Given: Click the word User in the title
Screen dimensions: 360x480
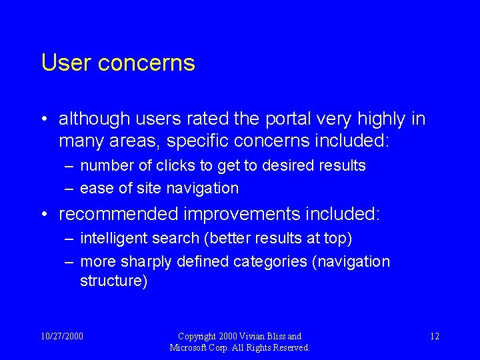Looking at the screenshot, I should coord(66,63).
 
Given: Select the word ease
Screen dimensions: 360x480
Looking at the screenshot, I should coord(97,189).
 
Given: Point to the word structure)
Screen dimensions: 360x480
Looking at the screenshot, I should coord(113,281).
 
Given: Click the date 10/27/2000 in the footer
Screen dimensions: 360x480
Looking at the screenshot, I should coord(63,336).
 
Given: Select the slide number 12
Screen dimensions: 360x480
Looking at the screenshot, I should coord(434,336).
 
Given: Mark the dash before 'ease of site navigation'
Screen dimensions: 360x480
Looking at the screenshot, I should coord(69,189).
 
